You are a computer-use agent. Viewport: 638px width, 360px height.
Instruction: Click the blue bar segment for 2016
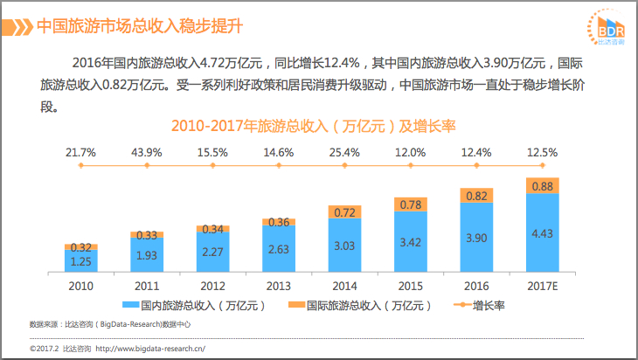point(476,237)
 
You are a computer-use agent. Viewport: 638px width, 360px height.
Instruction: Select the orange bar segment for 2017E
point(543,185)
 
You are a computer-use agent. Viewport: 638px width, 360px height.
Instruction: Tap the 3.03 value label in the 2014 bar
point(344,246)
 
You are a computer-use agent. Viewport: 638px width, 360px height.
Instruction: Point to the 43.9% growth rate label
point(147,153)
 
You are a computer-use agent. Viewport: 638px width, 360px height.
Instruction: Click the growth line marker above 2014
point(344,165)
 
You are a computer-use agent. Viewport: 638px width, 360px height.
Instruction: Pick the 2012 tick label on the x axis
point(212,286)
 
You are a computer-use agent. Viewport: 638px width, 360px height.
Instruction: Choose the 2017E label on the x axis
point(543,286)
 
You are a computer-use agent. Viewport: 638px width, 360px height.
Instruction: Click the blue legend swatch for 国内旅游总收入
point(131,305)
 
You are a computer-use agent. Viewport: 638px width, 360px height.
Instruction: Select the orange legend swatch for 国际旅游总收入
point(296,305)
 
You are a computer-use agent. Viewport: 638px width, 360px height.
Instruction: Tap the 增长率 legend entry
point(479,305)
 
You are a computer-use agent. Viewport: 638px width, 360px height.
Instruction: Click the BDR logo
point(607,27)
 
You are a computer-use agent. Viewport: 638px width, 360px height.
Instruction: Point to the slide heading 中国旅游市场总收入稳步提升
point(140,26)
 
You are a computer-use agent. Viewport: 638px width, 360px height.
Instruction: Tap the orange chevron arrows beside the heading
point(17,27)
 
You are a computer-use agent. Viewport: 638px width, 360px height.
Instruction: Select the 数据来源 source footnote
point(110,324)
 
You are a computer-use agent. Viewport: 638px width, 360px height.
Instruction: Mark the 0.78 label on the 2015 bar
point(411,204)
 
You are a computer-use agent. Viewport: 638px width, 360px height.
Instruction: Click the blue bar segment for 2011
point(147,254)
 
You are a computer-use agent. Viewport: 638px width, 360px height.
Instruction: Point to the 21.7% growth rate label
point(80,153)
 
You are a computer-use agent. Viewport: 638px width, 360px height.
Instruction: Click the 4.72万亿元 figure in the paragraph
point(230,63)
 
